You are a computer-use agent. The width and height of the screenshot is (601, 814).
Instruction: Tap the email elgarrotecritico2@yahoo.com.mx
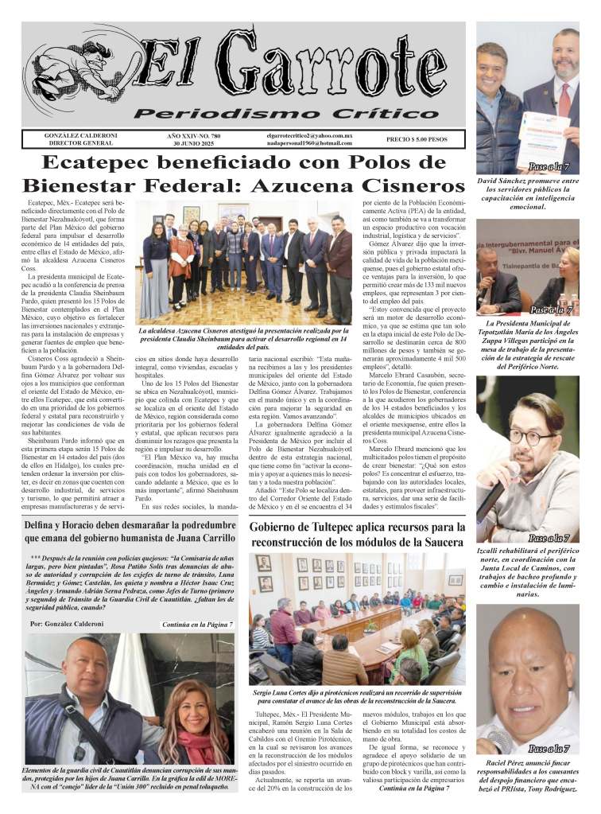pos(309,136)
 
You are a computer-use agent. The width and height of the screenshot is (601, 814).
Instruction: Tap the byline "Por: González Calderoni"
pos(66,625)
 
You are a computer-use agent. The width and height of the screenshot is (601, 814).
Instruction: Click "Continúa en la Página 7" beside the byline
pos(196,625)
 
